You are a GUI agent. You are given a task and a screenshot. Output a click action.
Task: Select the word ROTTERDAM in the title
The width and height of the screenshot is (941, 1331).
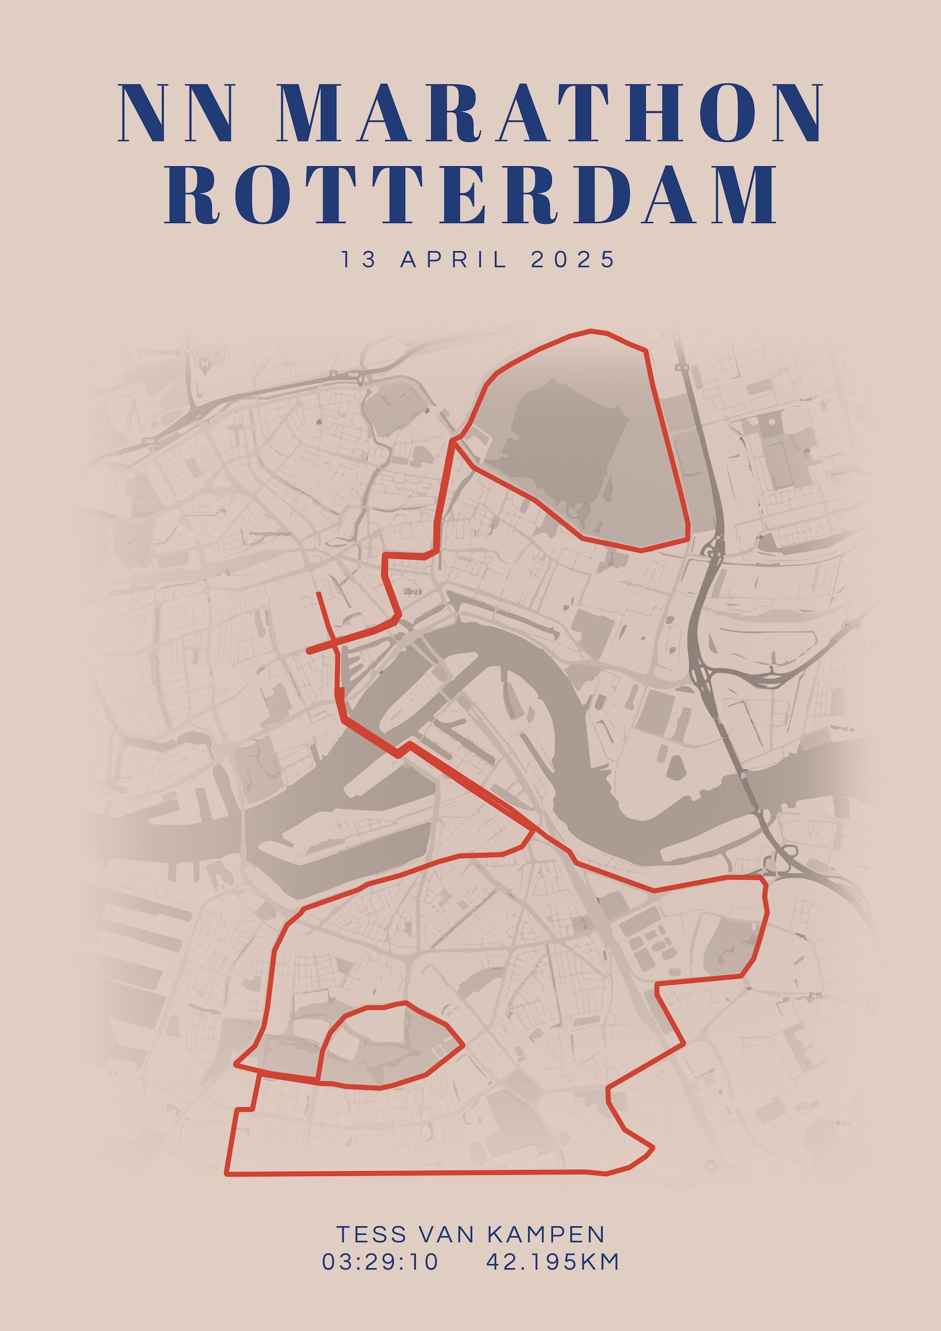[471, 194]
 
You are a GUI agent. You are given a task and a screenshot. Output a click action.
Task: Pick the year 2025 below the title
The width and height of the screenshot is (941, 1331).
[572, 259]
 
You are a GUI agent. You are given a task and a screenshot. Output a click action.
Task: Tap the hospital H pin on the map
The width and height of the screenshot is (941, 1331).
[204, 365]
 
